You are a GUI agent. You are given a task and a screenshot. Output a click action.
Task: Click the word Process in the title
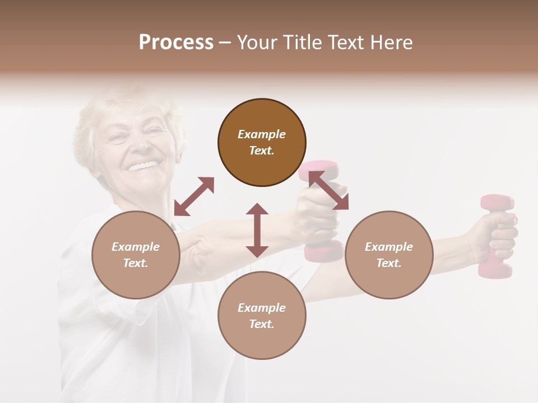click(176, 43)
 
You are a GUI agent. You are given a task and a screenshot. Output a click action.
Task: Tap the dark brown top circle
click(262, 142)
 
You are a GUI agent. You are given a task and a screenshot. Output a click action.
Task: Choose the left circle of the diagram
click(136, 255)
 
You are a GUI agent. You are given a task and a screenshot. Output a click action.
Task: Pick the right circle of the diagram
click(389, 255)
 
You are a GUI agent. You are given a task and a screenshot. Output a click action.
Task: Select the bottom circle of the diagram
click(262, 316)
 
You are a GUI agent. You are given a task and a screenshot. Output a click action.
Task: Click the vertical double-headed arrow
click(257, 230)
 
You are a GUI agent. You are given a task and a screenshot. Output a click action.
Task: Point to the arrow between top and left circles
click(194, 196)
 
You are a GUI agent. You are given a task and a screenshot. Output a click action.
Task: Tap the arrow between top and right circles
click(328, 190)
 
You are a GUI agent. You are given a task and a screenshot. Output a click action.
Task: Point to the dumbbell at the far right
click(495, 235)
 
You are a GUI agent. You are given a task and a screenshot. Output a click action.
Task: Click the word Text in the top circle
click(261, 151)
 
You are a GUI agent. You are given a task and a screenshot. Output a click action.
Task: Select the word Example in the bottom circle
click(262, 308)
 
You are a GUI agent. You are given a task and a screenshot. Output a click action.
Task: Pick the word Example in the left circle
click(136, 247)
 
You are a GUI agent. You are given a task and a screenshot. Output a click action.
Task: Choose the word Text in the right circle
click(388, 263)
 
